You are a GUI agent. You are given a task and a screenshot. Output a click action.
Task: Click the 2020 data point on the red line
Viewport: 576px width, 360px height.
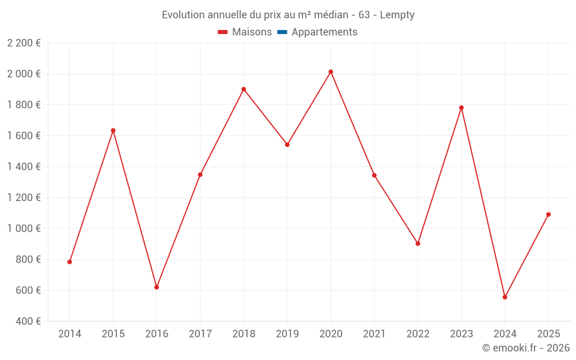331,72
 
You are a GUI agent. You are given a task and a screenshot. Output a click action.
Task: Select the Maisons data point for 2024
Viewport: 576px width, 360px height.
505,297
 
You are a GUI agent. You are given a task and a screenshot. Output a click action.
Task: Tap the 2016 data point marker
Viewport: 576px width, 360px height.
157,287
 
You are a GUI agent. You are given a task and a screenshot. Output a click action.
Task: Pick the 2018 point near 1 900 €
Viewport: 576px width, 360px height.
244,89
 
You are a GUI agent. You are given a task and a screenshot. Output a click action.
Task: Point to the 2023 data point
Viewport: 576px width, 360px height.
461,108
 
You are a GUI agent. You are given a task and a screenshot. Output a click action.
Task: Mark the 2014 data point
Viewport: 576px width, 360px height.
70,262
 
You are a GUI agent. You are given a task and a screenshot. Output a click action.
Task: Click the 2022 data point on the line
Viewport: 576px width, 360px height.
418,244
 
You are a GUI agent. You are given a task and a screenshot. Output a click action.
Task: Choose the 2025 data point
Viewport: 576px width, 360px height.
548,214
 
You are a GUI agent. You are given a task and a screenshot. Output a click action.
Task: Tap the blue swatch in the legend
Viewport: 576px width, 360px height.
282,32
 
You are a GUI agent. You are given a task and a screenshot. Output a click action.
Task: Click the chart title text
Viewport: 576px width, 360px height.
288,15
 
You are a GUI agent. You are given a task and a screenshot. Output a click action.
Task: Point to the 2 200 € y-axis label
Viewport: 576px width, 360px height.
24,43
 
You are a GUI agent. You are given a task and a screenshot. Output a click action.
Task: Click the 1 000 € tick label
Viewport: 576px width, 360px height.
24,229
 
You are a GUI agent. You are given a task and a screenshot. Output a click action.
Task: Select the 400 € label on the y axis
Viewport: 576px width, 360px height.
28,321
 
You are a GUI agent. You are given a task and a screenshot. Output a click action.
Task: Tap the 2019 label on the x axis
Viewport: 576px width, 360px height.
287,334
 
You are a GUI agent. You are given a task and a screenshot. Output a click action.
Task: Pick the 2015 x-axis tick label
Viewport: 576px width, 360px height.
113,334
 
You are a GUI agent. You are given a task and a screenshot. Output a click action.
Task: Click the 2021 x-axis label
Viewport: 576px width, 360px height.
374,334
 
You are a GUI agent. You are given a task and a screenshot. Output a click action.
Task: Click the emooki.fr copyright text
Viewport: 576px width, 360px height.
525,348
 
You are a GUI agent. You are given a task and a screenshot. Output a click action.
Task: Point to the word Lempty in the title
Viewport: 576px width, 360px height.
397,15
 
